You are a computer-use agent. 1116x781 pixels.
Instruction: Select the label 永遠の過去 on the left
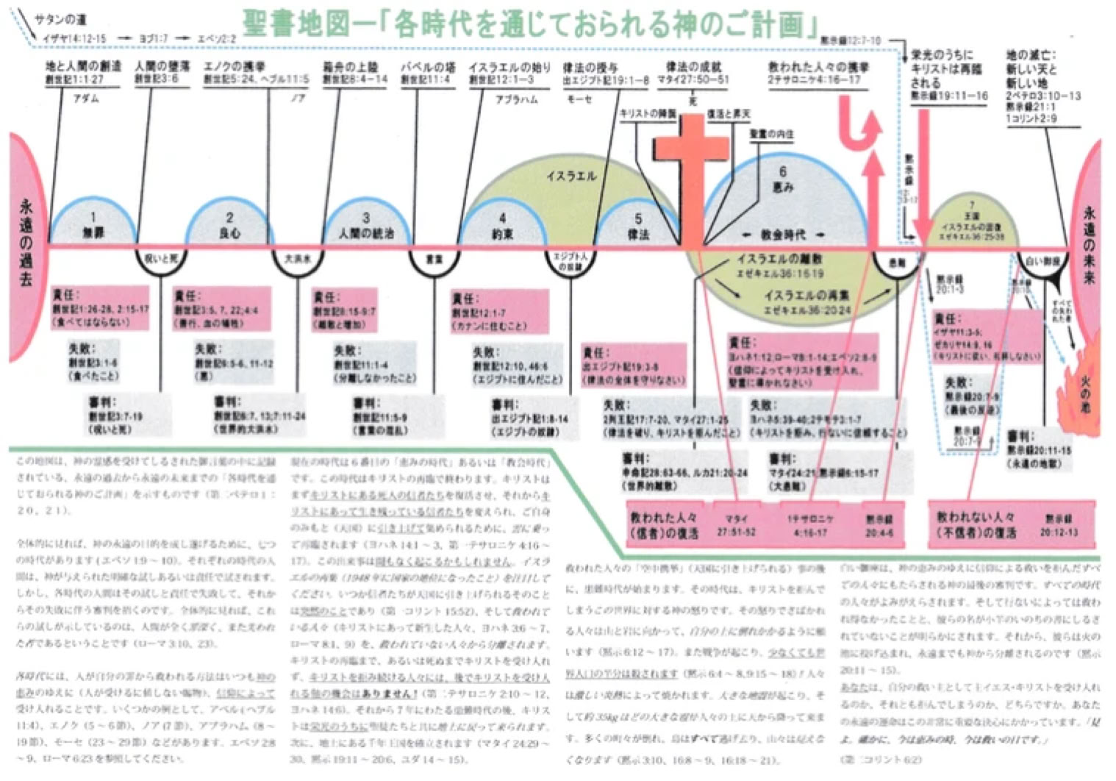(26, 243)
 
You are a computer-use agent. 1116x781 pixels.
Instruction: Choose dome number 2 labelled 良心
(229, 224)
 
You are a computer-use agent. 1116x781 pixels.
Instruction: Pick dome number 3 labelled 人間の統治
(365, 225)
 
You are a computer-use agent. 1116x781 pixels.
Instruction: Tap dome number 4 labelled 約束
(502, 225)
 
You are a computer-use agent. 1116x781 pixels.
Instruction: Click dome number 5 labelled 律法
(637, 225)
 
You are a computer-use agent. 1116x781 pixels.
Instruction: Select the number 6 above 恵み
(782, 171)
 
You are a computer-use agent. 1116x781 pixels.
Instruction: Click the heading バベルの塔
(427, 67)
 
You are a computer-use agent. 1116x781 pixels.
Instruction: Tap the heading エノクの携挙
(234, 67)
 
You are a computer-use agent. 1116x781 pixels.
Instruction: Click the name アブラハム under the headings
(516, 99)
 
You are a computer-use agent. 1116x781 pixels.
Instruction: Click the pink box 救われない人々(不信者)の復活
(975, 524)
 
